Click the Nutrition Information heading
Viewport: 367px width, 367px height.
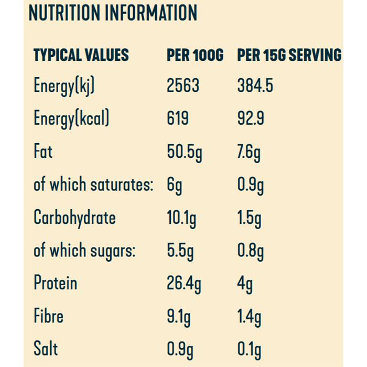click(113, 13)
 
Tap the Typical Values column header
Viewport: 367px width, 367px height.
click(81, 55)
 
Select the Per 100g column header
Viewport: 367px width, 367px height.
click(195, 55)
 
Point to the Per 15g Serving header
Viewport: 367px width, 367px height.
click(289, 55)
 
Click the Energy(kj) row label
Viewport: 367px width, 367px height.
click(64, 87)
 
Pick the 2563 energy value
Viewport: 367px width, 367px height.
click(183, 85)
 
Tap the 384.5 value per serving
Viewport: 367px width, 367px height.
click(255, 85)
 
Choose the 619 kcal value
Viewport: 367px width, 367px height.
click(178, 118)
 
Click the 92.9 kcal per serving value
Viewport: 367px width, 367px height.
click(250, 118)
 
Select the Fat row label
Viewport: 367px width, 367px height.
click(43, 152)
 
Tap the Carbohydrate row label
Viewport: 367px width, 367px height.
click(74, 218)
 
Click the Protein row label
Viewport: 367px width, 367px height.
click(55, 283)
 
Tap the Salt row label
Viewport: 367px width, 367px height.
click(46, 349)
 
